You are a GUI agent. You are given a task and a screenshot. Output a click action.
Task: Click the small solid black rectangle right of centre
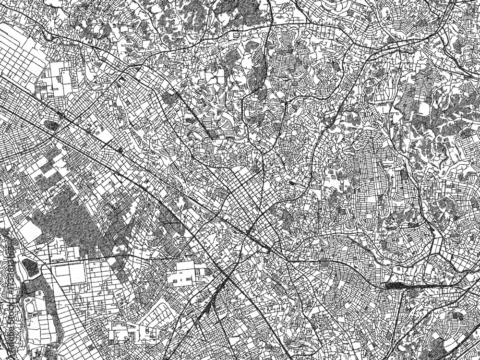tap(292, 183)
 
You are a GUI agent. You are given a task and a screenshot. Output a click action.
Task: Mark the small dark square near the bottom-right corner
tap(458, 316)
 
